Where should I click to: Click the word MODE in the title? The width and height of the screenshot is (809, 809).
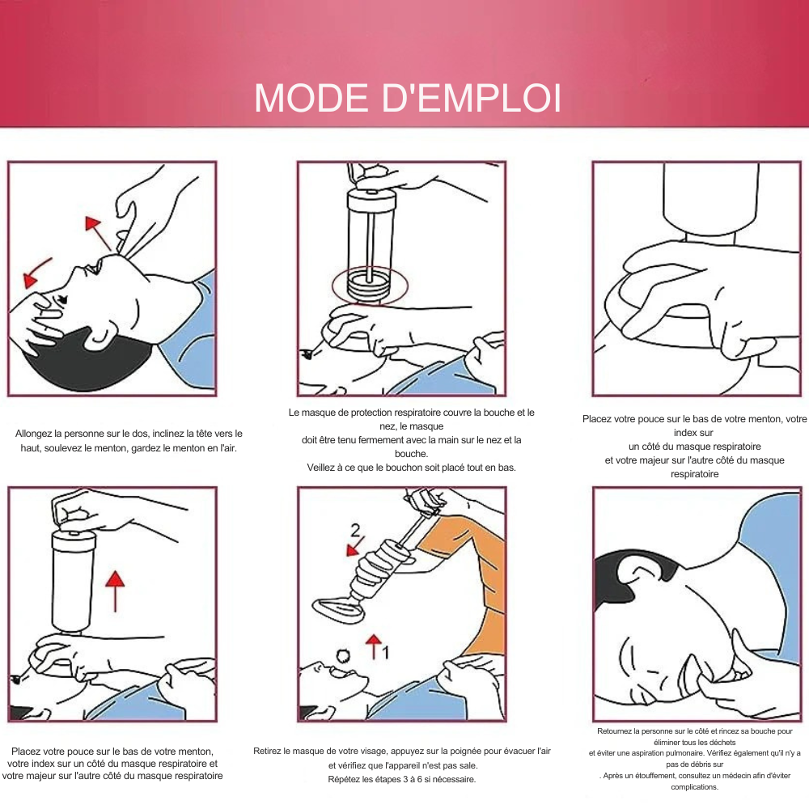[311, 98]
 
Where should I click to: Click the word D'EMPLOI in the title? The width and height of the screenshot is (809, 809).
[472, 98]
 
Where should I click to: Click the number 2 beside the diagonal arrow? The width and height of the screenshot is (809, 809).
[355, 531]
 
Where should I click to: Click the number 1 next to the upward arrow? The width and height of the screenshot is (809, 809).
[385, 653]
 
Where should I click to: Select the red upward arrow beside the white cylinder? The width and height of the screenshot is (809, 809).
[115, 591]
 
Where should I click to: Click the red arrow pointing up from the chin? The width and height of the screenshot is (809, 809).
[99, 234]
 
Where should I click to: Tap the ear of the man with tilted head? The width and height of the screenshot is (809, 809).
[100, 337]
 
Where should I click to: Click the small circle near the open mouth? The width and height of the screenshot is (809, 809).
[343, 655]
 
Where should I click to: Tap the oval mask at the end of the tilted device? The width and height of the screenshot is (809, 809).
[338, 609]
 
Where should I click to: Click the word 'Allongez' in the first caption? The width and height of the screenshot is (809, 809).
[33, 434]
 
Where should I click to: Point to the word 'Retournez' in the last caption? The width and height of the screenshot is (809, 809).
[614, 731]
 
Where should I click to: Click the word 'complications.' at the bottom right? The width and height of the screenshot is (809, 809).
[694, 787]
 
